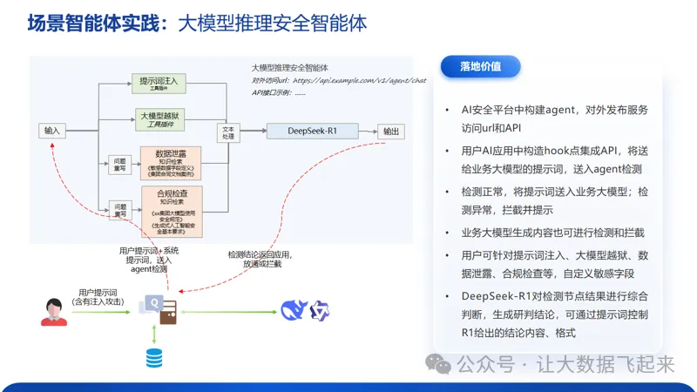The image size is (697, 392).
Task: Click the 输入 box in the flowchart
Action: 52,132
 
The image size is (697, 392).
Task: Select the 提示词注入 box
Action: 159,84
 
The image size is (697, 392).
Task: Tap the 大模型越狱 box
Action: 159,118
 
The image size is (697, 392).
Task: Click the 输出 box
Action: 390,132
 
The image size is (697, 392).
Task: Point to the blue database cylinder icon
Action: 154,357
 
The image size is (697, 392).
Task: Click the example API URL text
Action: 357,79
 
